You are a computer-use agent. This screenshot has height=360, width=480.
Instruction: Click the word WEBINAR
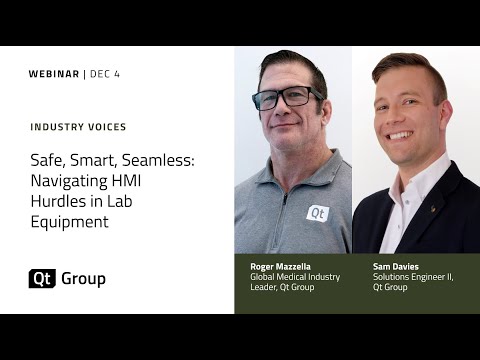[54, 74]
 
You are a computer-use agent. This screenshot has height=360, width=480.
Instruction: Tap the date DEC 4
[106, 74]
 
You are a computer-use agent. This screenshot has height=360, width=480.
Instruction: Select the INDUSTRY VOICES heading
[78, 127]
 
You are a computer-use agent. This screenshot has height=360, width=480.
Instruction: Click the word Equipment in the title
[68, 222]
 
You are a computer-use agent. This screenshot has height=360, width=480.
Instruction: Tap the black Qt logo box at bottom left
[42, 279]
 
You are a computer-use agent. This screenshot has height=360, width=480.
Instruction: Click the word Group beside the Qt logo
[83, 279]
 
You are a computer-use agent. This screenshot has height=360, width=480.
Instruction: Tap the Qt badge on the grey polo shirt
[317, 212]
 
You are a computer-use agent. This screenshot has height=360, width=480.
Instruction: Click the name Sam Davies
[395, 267]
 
